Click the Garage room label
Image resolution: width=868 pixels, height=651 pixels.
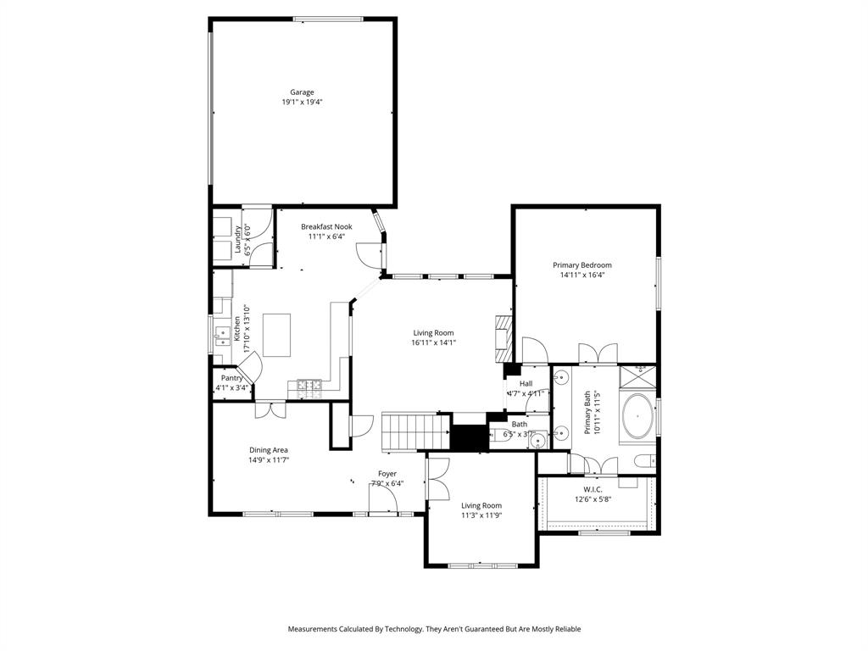click(x=302, y=92)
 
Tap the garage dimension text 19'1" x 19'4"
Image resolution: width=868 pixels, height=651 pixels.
click(x=302, y=102)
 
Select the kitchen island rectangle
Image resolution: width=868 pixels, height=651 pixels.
click(x=276, y=334)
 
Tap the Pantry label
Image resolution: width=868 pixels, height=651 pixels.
click(x=231, y=378)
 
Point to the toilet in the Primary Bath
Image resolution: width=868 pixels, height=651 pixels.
click(x=644, y=461)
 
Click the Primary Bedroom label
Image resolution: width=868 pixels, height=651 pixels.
click(x=585, y=265)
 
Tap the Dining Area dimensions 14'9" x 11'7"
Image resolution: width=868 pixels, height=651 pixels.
click(x=268, y=460)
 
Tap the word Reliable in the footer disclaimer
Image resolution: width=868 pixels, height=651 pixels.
click(x=566, y=629)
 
